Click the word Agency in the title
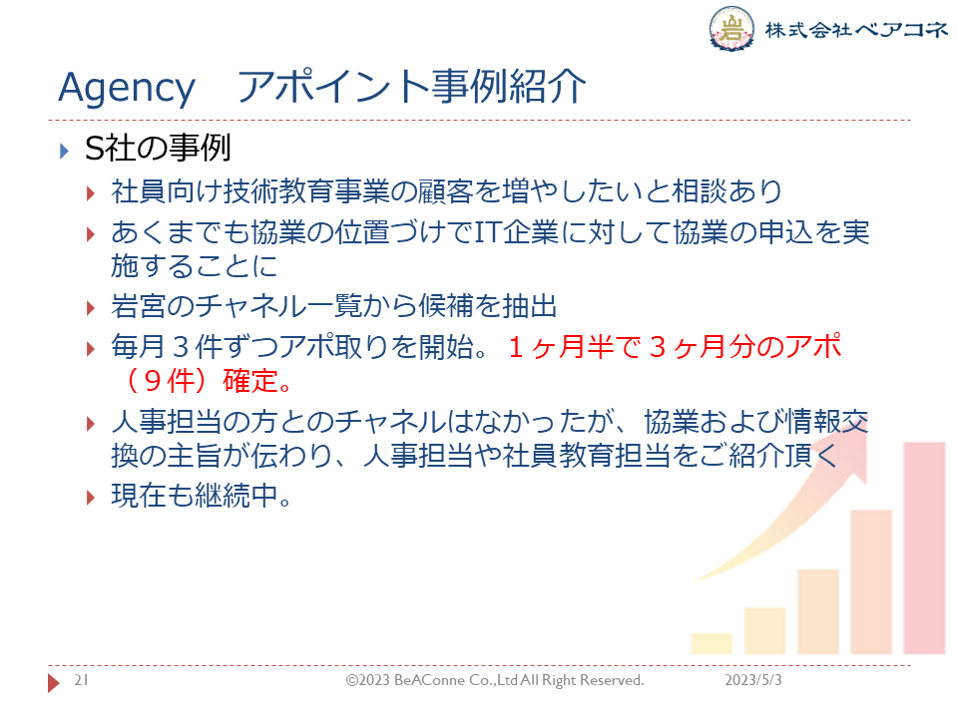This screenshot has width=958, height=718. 127,89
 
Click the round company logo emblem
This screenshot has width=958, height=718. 731,28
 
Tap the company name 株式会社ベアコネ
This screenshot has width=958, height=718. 856,29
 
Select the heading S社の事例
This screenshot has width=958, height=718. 158,149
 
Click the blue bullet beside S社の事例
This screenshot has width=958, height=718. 64,151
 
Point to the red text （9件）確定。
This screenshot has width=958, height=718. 209,380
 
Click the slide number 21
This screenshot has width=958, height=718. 81,680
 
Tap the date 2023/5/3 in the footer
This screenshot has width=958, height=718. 752,680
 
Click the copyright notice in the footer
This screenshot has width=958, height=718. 495,680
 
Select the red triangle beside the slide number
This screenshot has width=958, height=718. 54,682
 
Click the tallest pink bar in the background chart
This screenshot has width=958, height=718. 924,548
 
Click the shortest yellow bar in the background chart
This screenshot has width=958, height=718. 712,643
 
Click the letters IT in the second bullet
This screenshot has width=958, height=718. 487,232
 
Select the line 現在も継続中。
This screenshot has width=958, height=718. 201,496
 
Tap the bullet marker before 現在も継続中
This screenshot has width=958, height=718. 91,498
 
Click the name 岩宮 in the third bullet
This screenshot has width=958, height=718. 138,306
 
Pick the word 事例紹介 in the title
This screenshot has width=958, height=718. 508,87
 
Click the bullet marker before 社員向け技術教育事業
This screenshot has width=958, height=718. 91,194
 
